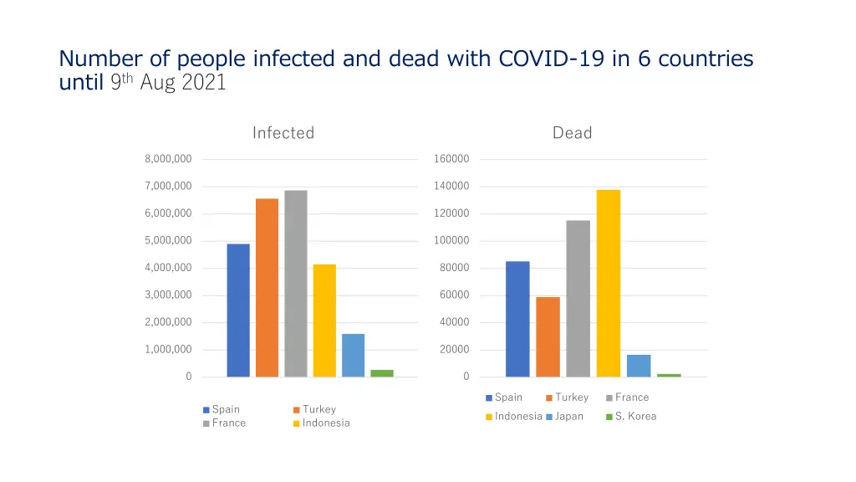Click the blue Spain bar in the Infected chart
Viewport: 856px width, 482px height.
coord(238,310)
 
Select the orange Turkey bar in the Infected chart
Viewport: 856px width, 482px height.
coord(267,287)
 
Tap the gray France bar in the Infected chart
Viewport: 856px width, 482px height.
coord(295,283)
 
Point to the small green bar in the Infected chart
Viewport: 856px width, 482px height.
coord(382,373)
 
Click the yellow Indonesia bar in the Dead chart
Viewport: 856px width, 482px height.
coord(609,283)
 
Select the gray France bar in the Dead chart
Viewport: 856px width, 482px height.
coord(578,298)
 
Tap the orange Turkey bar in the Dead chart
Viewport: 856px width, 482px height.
coord(548,336)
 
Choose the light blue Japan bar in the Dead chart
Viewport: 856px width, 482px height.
coord(639,366)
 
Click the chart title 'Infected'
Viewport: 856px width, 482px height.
coord(283,133)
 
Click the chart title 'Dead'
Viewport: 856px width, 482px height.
coord(572,133)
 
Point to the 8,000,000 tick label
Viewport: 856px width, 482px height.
coord(168,159)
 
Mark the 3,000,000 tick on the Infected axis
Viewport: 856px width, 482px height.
coord(168,295)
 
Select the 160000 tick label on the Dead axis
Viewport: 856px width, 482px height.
coord(451,159)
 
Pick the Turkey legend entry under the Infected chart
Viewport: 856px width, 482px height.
coord(318,410)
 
